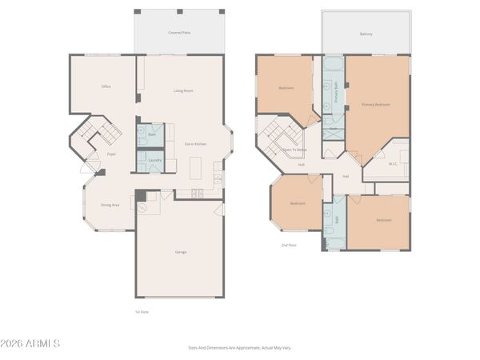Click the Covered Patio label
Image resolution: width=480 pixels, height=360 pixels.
pos(179,33)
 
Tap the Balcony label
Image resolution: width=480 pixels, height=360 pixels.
pos(366,34)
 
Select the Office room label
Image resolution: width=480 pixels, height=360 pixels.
pos(106,86)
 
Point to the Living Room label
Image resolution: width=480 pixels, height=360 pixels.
pos(183,90)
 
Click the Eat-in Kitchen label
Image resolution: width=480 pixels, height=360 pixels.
pos(196,144)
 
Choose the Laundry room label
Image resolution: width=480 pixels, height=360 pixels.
pos(155,160)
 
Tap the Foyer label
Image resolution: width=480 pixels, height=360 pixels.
pos(113,154)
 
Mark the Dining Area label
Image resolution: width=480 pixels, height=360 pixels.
pos(110,205)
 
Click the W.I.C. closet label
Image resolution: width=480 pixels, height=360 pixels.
pos(393,165)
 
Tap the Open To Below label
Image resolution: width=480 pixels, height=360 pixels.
pos(295,150)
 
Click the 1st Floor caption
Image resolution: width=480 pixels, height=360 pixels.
pos(142,312)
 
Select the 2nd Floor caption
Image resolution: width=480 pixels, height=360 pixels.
pos(289,245)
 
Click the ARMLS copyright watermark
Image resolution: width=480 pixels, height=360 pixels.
pos(31,343)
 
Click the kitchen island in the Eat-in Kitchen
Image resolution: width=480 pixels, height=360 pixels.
pos(195,168)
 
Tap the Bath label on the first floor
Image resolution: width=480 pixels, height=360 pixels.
pos(152,134)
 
